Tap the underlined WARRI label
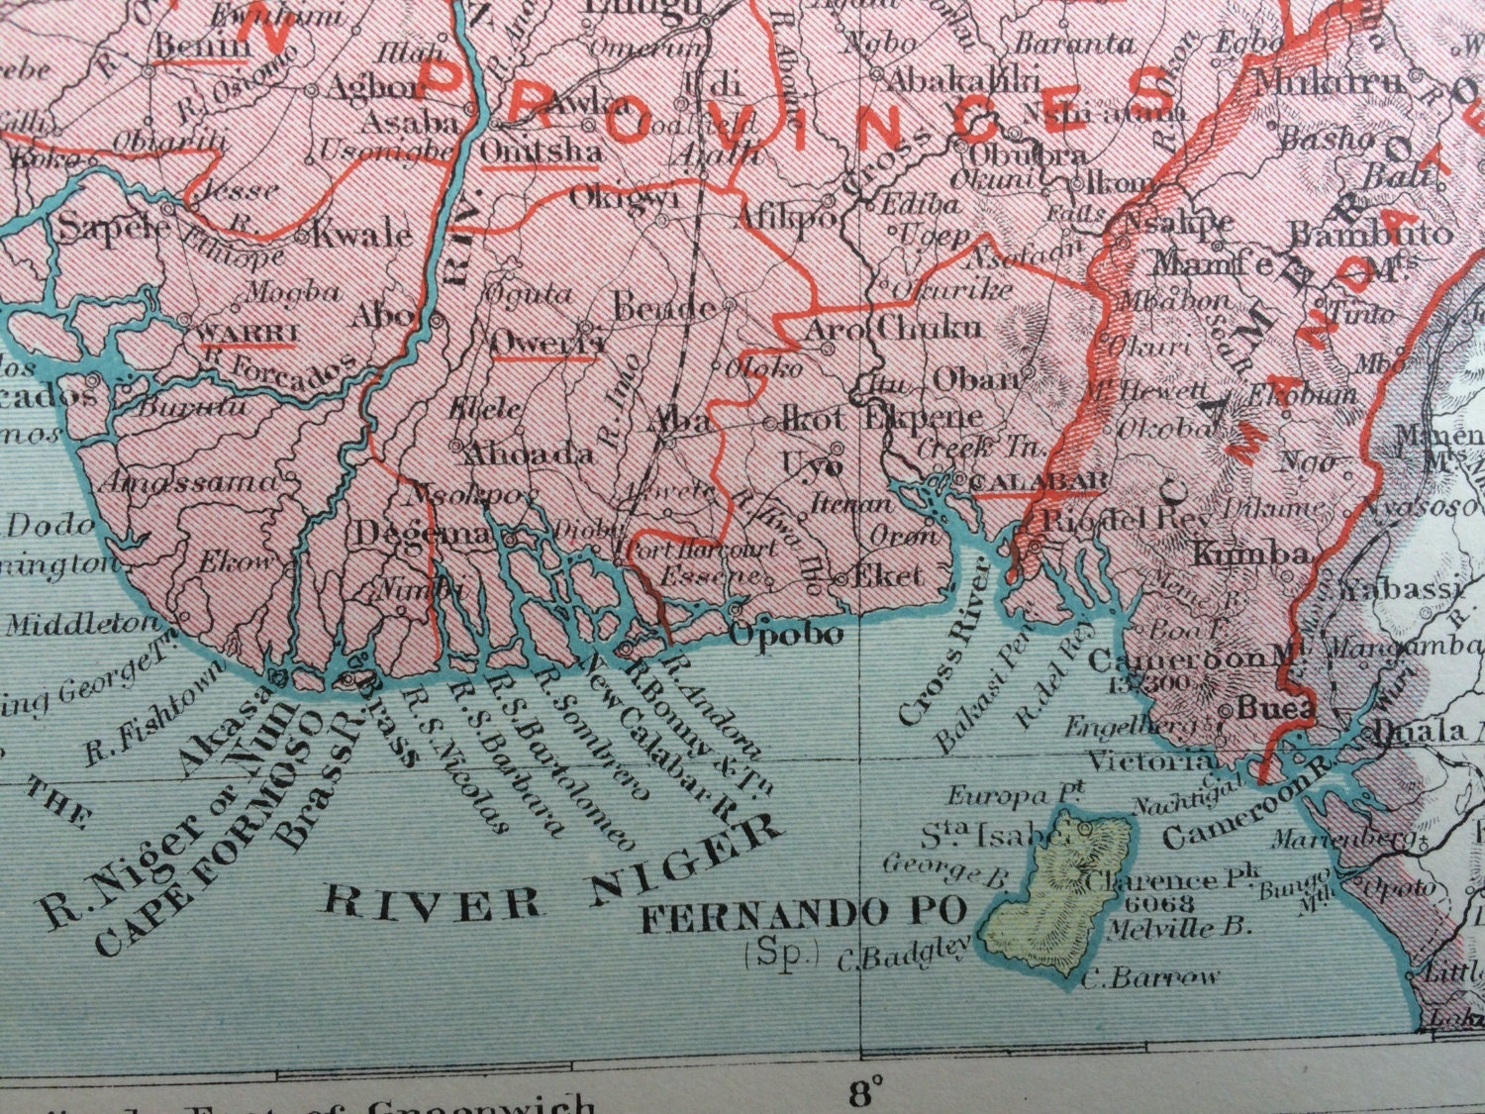(247, 331)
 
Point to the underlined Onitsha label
(540, 152)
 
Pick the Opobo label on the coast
(787, 634)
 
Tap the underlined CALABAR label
(1039, 482)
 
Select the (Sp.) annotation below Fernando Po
(782, 956)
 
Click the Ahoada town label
(515, 455)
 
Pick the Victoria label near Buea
(1151, 761)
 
